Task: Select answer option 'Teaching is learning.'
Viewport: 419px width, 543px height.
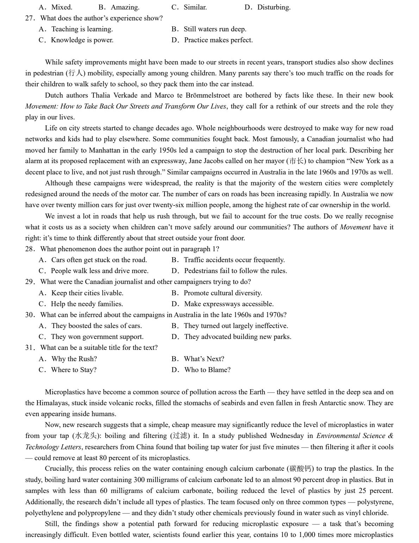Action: [x=82, y=29]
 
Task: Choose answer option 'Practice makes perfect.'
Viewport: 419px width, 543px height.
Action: [x=218, y=40]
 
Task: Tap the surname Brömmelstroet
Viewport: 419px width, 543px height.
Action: [x=204, y=95]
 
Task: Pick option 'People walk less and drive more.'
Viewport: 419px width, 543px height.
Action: [x=99, y=271]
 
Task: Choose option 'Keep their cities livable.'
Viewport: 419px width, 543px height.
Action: [x=87, y=293]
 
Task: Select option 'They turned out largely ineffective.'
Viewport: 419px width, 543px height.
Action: [x=236, y=326]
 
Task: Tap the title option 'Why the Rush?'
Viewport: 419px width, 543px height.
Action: [x=74, y=359]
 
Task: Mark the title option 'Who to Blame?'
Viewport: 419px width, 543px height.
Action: [x=207, y=370]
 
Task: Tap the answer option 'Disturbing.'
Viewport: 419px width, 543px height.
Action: [x=274, y=7]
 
